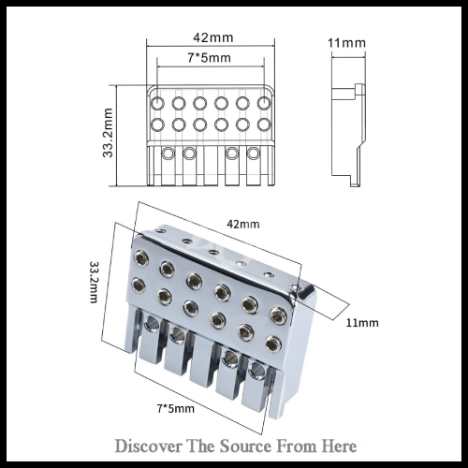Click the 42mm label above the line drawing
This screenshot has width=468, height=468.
(x=213, y=37)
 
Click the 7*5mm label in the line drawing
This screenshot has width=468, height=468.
(x=210, y=58)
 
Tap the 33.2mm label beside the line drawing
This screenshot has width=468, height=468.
(x=108, y=133)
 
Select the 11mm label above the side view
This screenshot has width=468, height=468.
(x=346, y=43)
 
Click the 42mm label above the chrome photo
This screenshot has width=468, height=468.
(x=243, y=224)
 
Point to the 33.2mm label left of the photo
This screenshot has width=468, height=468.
(x=94, y=282)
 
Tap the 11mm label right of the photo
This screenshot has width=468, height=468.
(x=362, y=323)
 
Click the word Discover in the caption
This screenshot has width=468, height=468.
(x=148, y=446)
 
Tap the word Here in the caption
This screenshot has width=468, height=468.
(x=340, y=446)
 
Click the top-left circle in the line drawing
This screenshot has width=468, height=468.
(x=157, y=103)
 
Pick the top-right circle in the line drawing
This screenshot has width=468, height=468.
(x=264, y=103)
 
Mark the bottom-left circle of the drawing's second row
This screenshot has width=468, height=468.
(x=157, y=124)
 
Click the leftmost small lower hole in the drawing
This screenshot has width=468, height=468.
(x=168, y=154)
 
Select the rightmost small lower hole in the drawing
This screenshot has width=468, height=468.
(x=253, y=154)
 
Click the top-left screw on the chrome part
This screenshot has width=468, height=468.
(x=140, y=258)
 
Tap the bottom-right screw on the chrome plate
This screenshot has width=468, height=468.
(x=273, y=343)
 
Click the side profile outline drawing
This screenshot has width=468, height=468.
(x=347, y=135)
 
